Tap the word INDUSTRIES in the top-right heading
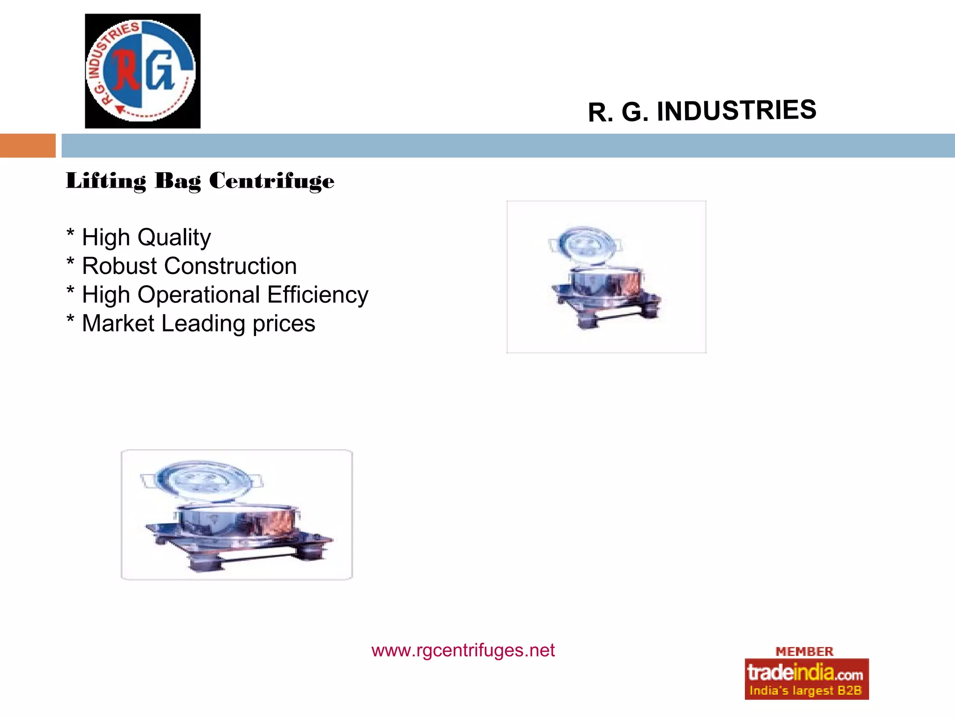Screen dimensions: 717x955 [736, 111]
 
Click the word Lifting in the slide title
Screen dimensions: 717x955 [106, 181]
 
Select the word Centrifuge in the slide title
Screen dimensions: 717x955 [271, 181]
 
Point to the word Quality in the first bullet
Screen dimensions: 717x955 [174, 238]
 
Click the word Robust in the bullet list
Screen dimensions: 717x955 [119, 266]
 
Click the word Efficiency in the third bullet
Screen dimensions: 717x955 [318, 295]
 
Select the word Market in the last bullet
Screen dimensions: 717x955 [118, 323]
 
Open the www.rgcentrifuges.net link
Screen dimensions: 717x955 [463, 650]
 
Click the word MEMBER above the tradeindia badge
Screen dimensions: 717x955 [804, 652]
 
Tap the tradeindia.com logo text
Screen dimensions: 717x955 [805, 673]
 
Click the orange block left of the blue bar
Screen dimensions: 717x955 [28, 146]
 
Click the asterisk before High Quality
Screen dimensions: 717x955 [70, 233]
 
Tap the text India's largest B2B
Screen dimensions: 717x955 [805, 690]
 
